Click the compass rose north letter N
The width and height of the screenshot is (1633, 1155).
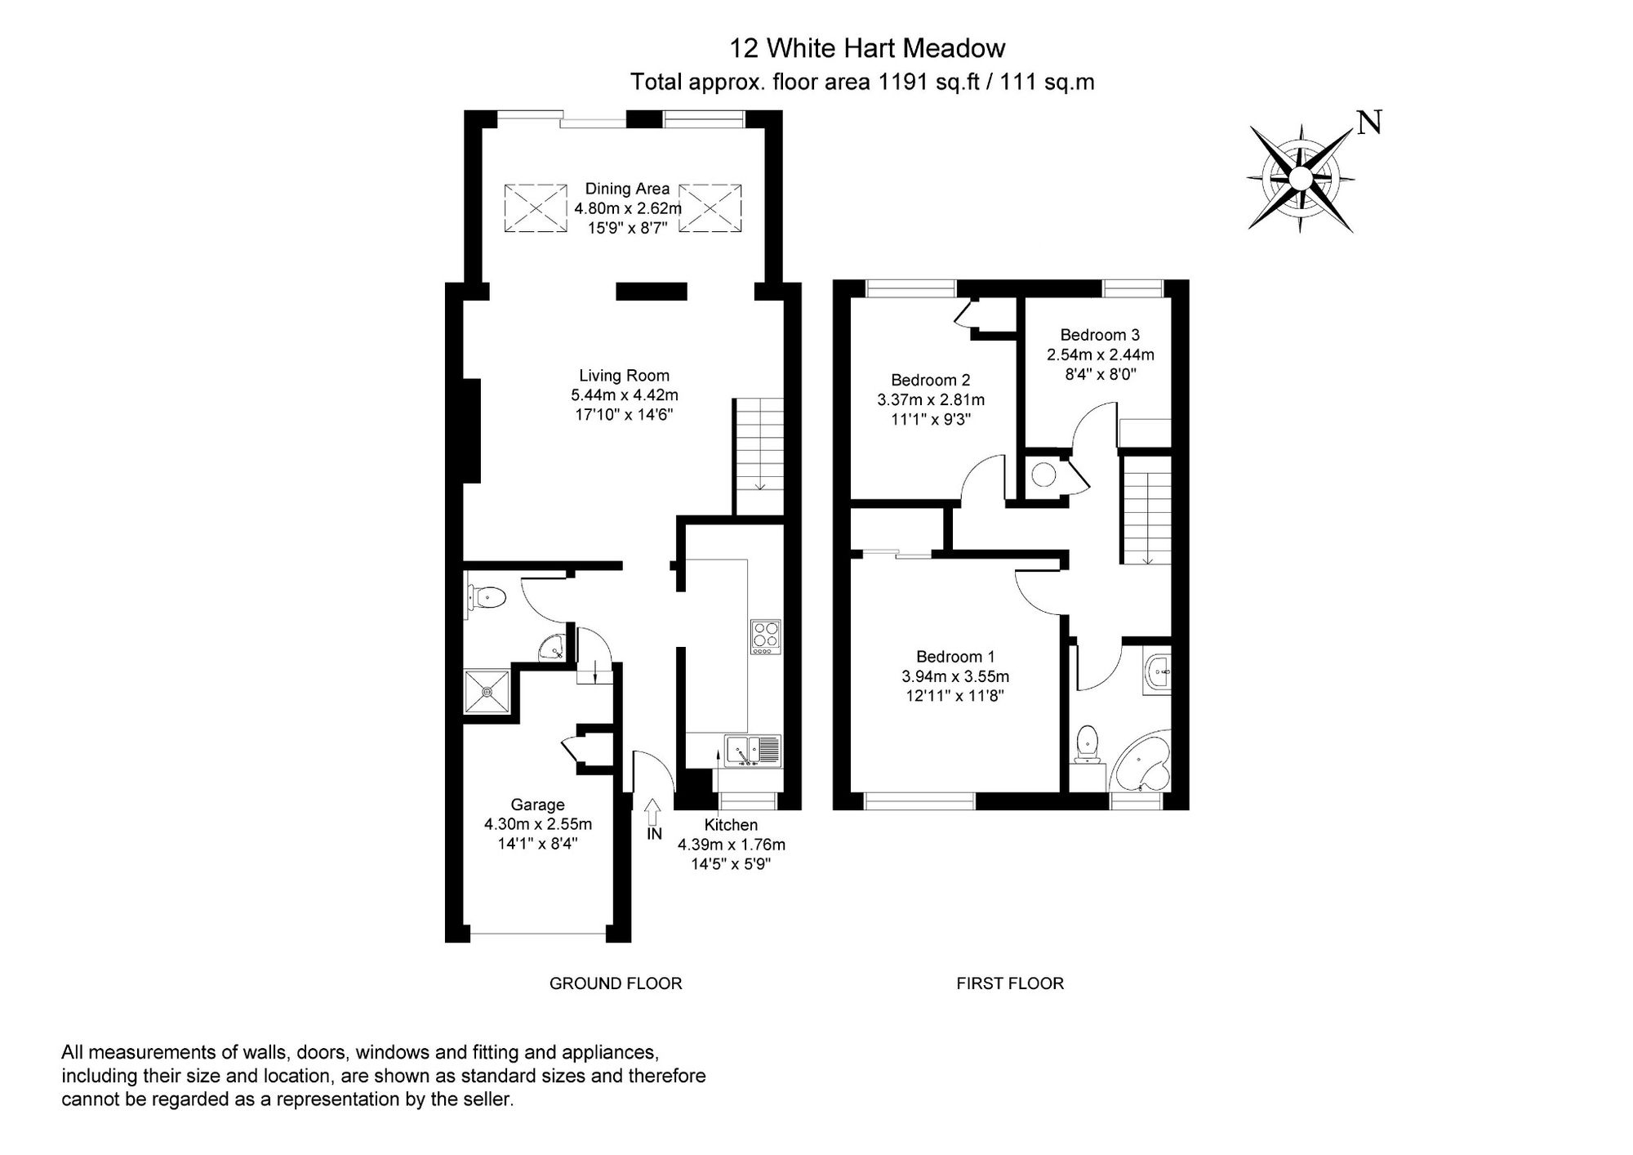point(1369,123)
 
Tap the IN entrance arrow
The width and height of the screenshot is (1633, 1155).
point(652,812)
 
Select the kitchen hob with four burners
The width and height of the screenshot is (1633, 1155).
point(765,637)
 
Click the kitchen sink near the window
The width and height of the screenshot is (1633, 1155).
point(752,750)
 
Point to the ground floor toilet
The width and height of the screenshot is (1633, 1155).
point(487,598)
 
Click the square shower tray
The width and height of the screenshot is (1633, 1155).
point(487,692)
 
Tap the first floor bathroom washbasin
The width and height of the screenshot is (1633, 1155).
point(1159,675)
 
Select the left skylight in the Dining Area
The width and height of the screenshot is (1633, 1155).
point(535,208)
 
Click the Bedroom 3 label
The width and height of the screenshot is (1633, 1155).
point(1099,335)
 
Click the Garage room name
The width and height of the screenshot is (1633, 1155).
point(537,805)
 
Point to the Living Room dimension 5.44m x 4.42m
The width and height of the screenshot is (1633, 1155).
point(624,395)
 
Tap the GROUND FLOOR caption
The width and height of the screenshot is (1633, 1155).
point(615,983)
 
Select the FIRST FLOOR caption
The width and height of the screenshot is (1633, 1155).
point(1009,983)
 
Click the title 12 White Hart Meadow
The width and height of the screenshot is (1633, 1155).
point(866,48)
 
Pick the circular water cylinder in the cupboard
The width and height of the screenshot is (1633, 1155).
point(1043,475)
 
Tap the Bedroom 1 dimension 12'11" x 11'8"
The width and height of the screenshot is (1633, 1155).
point(954,696)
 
